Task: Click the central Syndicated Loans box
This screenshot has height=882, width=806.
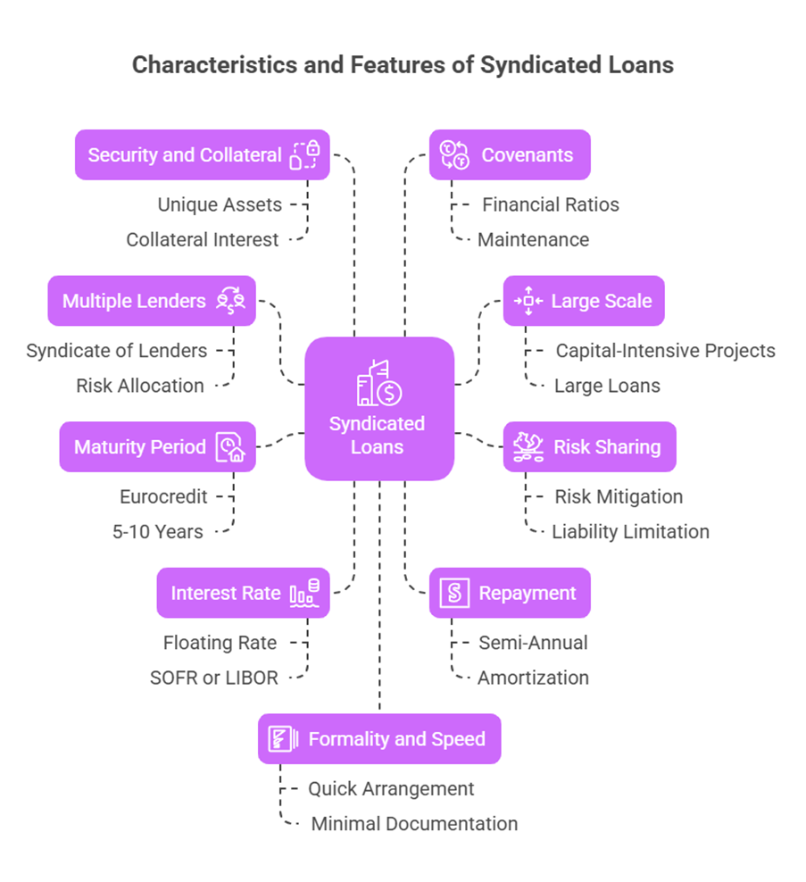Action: click(378, 408)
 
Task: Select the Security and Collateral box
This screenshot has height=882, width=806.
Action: click(202, 155)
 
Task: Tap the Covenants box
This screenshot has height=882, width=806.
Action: click(509, 155)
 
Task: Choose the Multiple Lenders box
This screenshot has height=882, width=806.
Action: click(151, 301)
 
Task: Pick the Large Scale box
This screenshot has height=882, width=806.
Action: click(583, 301)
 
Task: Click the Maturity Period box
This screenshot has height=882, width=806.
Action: click(157, 446)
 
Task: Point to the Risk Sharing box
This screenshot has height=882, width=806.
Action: click(589, 446)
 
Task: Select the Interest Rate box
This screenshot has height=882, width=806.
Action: click(243, 593)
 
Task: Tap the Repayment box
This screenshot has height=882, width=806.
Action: click(509, 593)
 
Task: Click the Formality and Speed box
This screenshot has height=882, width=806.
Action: click(378, 739)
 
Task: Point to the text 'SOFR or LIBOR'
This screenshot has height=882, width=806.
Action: click(214, 678)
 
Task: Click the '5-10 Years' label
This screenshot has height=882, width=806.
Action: click(158, 531)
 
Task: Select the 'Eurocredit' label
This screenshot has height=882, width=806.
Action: click(163, 496)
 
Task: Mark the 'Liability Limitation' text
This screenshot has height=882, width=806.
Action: click(630, 531)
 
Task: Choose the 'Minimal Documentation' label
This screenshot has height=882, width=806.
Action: click(414, 823)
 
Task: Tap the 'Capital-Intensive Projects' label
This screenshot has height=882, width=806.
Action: click(665, 350)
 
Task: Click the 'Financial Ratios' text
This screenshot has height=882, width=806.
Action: click(550, 204)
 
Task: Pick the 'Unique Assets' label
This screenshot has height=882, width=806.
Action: click(220, 204)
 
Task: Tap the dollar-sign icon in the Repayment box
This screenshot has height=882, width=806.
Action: click(454, 593)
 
